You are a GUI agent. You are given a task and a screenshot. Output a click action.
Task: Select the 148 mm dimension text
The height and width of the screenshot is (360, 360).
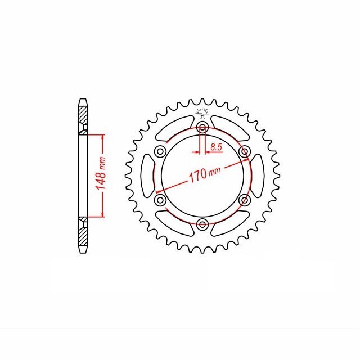[102, 175]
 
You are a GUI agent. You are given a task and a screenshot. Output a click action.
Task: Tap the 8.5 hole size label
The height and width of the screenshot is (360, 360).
[215, 147]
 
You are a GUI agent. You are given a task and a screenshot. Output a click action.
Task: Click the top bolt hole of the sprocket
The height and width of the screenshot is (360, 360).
[202, 127]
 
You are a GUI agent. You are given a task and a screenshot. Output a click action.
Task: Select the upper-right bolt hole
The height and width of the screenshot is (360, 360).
[244, 151]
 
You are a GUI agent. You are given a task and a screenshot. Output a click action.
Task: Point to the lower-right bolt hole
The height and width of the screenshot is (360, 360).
[244, 200]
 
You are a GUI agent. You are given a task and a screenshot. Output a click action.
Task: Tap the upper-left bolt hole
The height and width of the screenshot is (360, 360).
[160, 151]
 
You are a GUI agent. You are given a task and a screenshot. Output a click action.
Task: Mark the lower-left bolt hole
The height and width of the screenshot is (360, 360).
[160, 200]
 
